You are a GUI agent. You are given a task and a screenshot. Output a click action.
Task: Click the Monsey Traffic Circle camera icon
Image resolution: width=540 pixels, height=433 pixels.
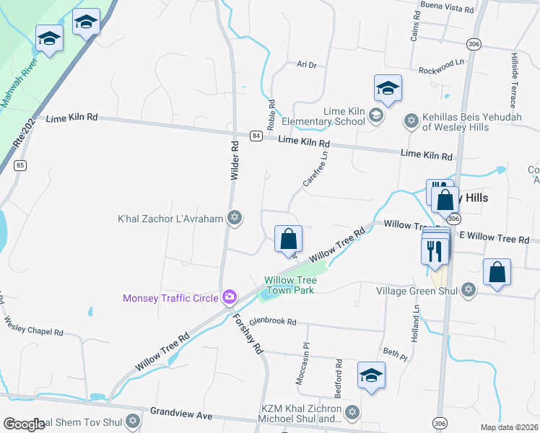(230, 297)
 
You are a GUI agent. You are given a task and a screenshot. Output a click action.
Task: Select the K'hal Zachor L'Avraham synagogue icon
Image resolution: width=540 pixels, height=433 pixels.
(233, 217)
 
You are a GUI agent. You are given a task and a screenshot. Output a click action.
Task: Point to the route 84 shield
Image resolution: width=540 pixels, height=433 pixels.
(256, 135)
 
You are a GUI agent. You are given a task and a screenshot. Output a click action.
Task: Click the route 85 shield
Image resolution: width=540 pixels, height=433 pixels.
(20, 166)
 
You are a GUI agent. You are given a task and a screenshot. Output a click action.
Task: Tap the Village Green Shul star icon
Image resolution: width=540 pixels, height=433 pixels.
(468, 290)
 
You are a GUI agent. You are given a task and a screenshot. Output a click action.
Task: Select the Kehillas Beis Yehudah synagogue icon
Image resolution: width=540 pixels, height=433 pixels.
(411, 120)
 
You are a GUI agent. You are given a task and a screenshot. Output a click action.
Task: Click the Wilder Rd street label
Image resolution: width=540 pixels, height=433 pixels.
(234, 159)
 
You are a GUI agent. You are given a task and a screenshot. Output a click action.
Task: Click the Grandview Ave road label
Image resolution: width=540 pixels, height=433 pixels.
(181, 414)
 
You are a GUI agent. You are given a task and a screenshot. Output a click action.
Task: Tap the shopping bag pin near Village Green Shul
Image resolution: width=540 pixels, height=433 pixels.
(497, 273)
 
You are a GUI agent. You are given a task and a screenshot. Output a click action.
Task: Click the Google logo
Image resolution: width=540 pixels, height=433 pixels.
(25, 424)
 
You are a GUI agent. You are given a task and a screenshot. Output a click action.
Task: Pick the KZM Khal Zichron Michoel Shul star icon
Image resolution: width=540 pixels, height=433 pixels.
(352, 412)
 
